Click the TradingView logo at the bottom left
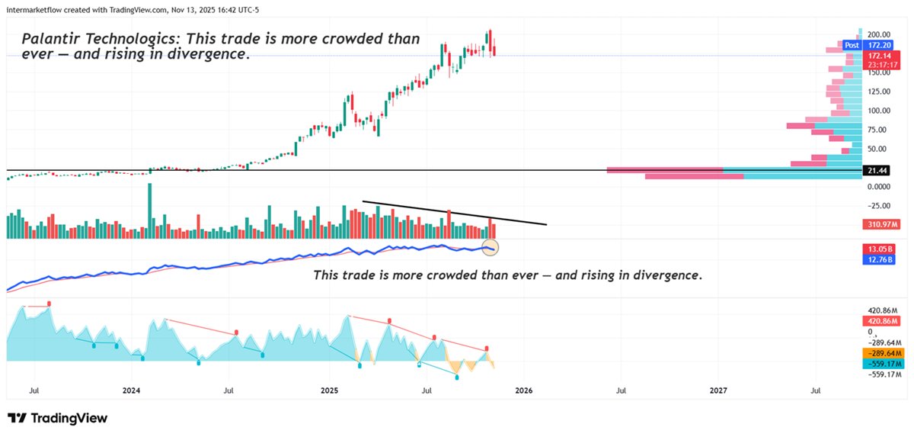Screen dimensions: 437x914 tap(57, 418)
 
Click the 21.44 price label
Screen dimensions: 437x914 tap(877, 171)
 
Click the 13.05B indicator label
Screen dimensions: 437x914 tap(880, 249)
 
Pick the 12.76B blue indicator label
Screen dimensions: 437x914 tap(880, 260)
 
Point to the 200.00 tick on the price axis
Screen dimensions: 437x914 tap(879, 35)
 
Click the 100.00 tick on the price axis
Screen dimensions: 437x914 tap(879, 111)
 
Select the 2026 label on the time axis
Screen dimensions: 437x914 tap(523, 390)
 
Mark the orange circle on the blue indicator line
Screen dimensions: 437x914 tap(491, 246)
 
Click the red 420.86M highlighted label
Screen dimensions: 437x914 tap(882, 322)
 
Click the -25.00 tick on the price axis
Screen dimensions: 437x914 tap(879, 205)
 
